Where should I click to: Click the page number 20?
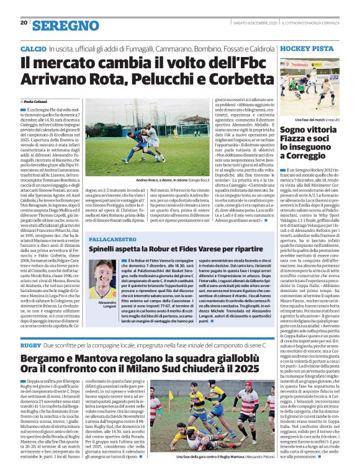click(24, 23)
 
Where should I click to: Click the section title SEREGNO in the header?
click(57, 25)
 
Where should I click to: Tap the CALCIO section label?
click(33, 48)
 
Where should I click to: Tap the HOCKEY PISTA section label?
click(311, 48)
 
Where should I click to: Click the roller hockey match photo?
click(312, 86)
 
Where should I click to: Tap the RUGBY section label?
click(30, 344)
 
